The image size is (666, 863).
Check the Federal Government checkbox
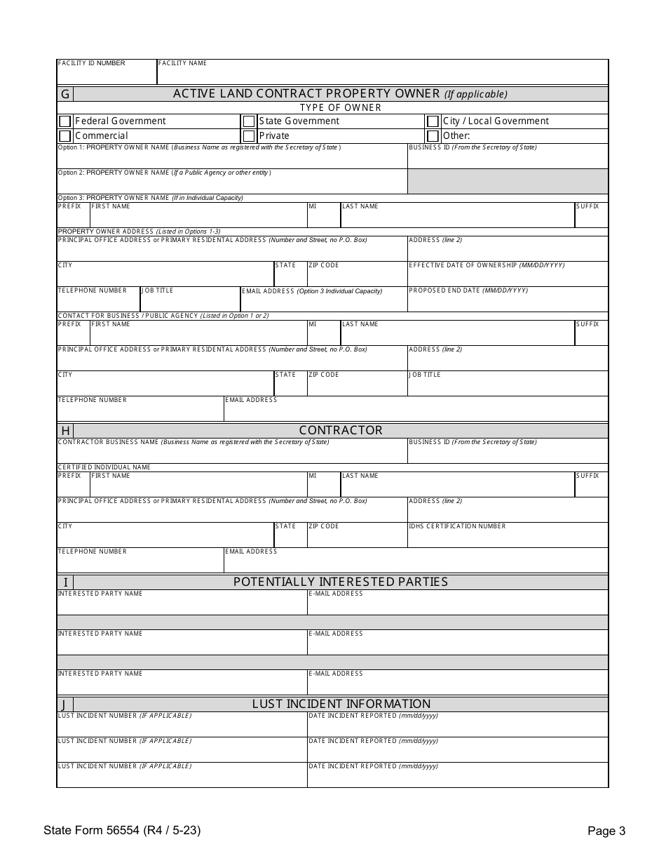(x=65, y=121)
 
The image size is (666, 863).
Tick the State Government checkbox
(x=249, y=121)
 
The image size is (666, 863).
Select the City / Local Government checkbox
(x=433, y=121)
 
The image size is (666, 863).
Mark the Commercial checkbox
(x=65, y=135)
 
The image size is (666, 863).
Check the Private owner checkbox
(x=249, y=135)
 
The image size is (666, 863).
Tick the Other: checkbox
(x=433, y=135)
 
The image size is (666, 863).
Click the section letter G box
(x=65, y=94)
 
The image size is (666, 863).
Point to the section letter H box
(x=65, y=431)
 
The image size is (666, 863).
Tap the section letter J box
(x=65, y=704)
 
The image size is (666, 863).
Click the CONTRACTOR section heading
(x=341, y=430)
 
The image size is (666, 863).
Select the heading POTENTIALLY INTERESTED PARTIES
(x=341, y=582)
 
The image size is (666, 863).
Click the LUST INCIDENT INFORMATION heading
(x=341, y=704)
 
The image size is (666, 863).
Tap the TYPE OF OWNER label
(x=341, y=107)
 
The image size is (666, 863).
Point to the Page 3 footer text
(x=606, y=831)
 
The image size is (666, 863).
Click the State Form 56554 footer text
(x=122, y=831)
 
